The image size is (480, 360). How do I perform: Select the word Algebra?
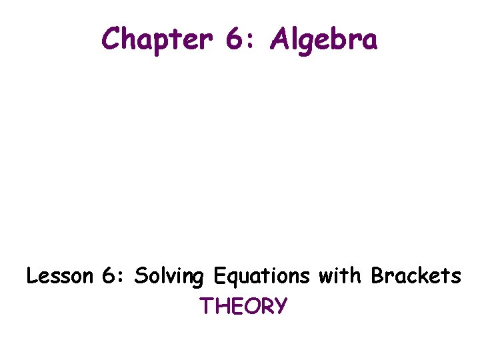(x=324, y=40)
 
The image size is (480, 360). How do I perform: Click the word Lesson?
(x=57, y=276)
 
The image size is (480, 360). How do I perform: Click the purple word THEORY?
(x=243, y=306)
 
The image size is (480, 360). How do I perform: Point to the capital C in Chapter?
(x=110, y=39)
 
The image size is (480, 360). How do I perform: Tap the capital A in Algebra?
(x=279, y=39)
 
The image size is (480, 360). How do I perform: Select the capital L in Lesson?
(x=31, y=276)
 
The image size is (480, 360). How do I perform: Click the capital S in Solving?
(x=139, y=276)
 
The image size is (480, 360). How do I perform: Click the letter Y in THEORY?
(x=281, y=306)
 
